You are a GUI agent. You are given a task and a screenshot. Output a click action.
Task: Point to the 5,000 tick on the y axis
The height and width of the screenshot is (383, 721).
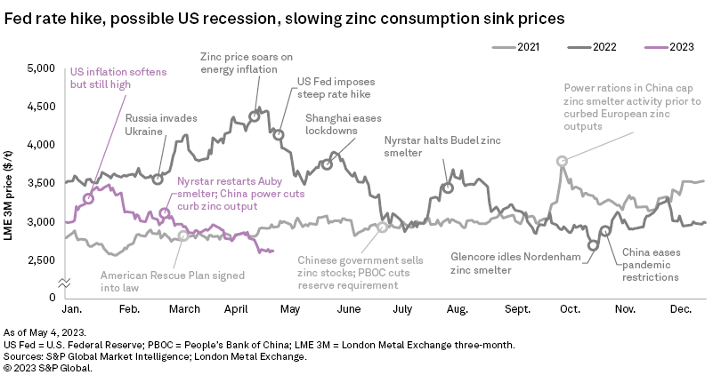click(x=40, y=68)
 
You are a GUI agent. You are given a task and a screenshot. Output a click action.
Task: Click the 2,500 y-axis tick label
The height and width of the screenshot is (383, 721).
click(x=40, y=259)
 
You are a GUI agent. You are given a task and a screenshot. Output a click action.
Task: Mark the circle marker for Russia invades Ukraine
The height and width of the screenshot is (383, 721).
click(x=158, y=179)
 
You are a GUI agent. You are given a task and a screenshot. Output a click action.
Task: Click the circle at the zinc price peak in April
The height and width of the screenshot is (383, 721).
click(x=255, y=116)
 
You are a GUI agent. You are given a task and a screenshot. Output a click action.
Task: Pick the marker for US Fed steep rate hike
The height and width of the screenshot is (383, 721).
click(x=279, y=134)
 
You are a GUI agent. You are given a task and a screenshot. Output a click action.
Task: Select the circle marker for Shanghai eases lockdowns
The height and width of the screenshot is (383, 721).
click(x=328, y=164)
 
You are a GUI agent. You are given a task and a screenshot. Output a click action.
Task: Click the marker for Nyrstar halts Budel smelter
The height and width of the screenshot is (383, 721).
click(x=448, y=188)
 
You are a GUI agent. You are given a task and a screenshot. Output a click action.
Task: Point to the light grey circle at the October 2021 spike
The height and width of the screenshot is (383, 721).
click(x=562, y=161)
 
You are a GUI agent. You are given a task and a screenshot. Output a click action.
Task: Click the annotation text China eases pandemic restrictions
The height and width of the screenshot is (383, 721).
click(x=650, y=265)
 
